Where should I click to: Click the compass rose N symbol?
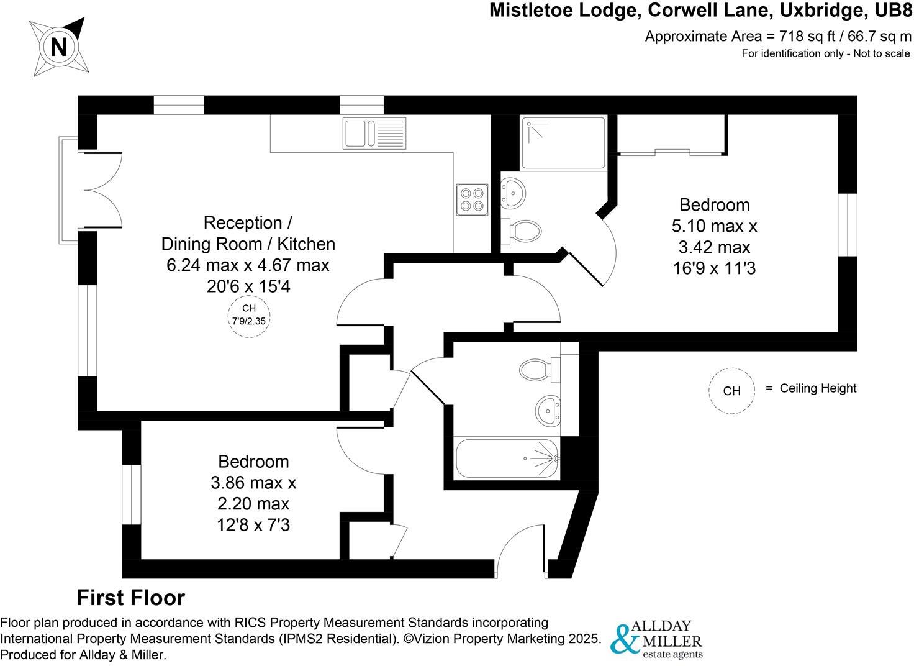[x=59, y=47]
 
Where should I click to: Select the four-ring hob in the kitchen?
[x=471, y=199]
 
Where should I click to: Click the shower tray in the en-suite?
[x=563, y=143]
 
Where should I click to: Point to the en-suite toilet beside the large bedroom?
[x=523, y=232]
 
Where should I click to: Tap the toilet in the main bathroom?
[x=534, y=371]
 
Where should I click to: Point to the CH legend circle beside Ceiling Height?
[x=732, y=390]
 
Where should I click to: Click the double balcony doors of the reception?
[x=102, y=189]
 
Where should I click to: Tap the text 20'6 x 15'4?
[x=248, y=286]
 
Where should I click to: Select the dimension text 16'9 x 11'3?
[x=714, y=268]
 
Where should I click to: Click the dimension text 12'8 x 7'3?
[x=253, y=525]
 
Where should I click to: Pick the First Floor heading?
[x=130, y=598]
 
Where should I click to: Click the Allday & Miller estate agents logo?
[x=656, y=639]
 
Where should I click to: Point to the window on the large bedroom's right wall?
[x=848, y=224]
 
